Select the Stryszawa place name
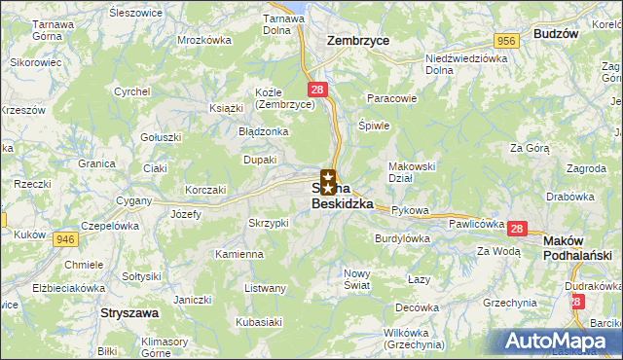pyautogui.click(x=129, y=314)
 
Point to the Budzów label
pyautogui.click(x=556, y=33)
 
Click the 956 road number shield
pyautogui.click(x=504, y=41)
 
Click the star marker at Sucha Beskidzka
pyautogui.click(x=329, y=181)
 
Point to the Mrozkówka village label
pyautogui.click(x=204, y=41)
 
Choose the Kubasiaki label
pyautogui.click(x=257, y=321)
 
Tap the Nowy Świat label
pyautogui.click(x=357, y=279)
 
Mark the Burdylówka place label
pyautogui.click(x=403, y=237)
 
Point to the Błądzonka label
pyautogui.click(x=263, y=130)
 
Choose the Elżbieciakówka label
pyautogui.click(x=68, y=288)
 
